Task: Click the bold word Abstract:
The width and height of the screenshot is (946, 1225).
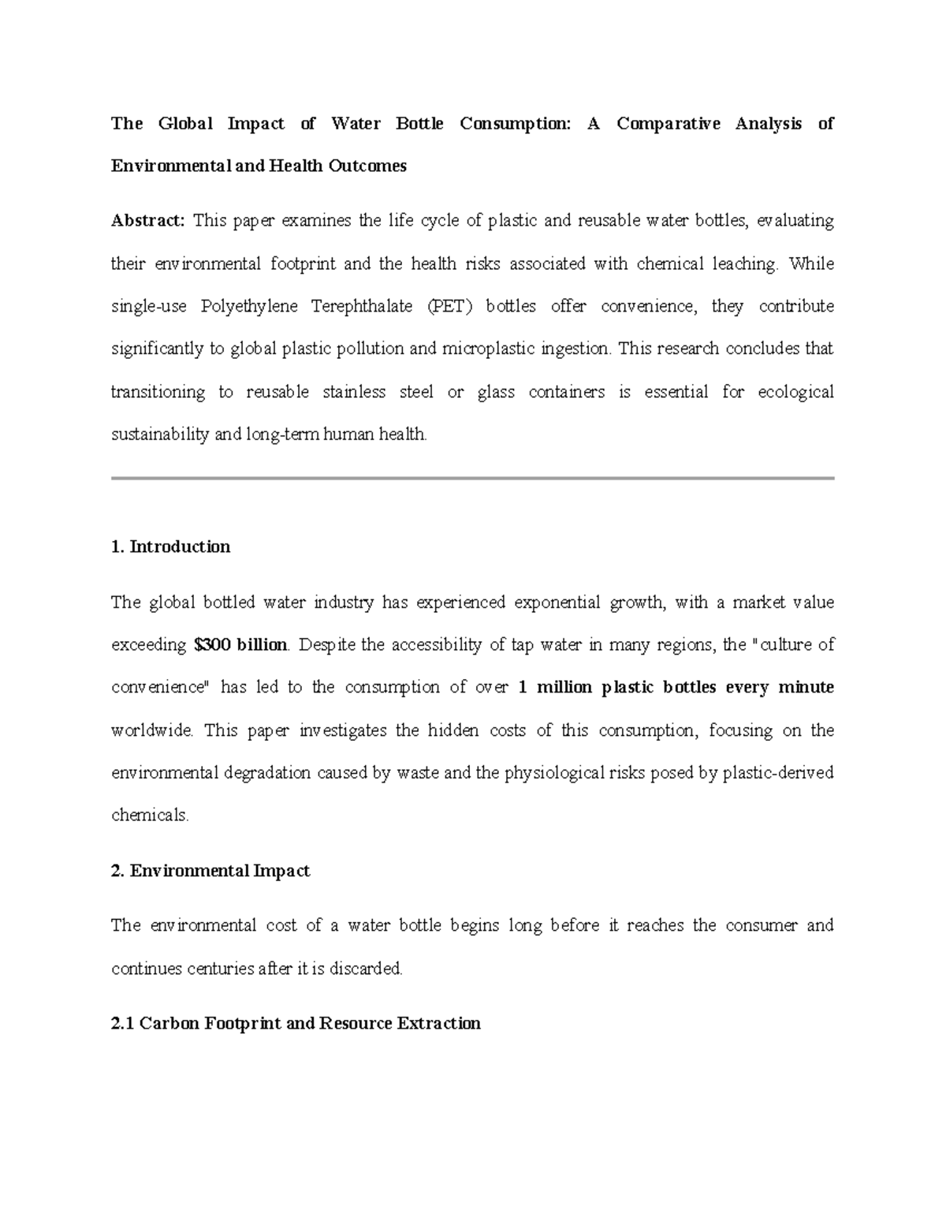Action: click(147, 221)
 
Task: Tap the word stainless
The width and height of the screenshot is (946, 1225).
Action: click(354, 392)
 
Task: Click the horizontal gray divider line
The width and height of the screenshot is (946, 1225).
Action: click(472, 478)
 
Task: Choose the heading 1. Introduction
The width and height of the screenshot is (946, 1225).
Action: click(171, 547)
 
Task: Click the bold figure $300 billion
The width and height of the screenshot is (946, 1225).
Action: click(240, 645)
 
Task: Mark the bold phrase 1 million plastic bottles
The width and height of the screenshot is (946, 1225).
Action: click(617, 688)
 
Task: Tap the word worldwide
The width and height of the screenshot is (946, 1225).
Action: click(151, 730)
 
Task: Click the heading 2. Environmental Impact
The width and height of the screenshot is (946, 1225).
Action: click(210, 871)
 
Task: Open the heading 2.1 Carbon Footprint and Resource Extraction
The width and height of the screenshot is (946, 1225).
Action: click(296, 1024)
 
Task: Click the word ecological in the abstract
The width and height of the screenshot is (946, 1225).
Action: click(795, 392)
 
